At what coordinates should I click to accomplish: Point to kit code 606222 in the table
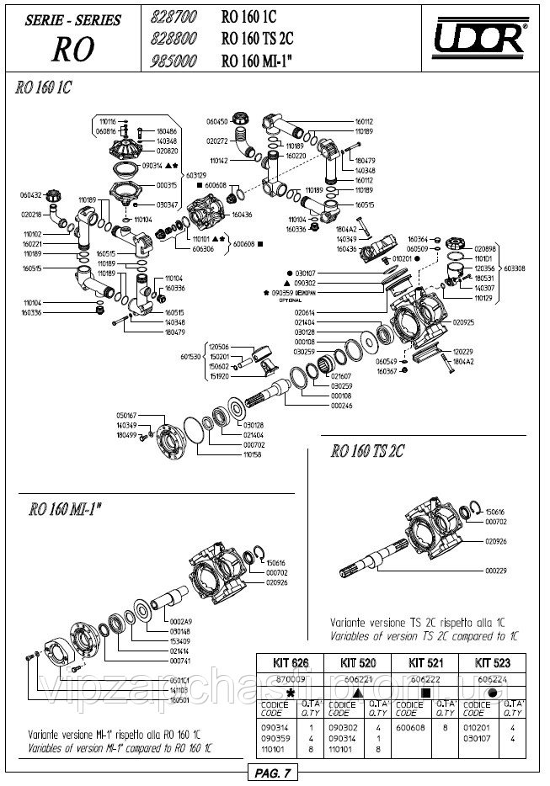pos(429,675)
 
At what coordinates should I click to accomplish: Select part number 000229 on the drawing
pos(497,570)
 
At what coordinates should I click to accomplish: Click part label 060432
pos(30,194)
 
